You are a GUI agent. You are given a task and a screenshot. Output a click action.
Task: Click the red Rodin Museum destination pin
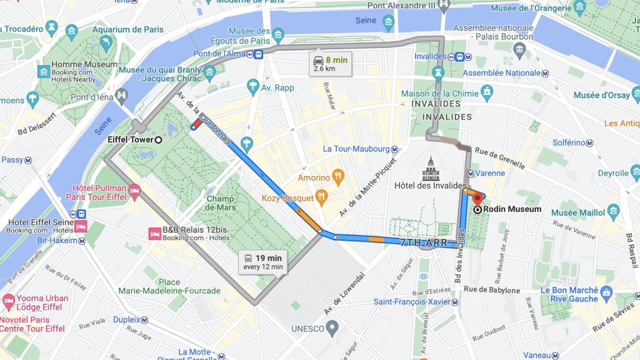point(477,200)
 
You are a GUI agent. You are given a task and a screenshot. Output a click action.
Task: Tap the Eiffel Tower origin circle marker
point(158,139)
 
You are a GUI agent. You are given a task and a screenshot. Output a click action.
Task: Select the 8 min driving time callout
point(330,63)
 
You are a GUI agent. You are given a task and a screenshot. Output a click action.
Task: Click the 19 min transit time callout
point(263,261)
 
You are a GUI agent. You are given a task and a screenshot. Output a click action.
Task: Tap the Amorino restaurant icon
point(338,178)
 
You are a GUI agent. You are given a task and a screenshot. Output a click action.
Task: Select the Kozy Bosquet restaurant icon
point(322,198)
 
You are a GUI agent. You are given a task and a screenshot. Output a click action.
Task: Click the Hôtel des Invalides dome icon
point(431,168)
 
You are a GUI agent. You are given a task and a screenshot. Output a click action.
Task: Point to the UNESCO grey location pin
point(332,328)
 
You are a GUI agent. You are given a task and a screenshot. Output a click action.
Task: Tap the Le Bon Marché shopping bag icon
point(606,291)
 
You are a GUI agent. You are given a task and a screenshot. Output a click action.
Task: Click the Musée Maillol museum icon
point(613,212)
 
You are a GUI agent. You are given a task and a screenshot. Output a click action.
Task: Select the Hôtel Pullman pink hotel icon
point(135,190)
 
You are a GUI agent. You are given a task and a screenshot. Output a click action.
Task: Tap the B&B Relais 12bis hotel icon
point(155,233)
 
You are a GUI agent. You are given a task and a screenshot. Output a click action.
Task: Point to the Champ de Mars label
point(220,203)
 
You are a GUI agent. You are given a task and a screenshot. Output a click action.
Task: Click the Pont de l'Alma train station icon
point(258,54)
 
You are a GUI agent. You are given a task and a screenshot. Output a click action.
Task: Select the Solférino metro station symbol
point(590,143)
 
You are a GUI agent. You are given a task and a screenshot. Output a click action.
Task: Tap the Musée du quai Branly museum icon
point(210,73)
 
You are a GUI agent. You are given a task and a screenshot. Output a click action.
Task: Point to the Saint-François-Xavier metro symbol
point(455,302)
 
